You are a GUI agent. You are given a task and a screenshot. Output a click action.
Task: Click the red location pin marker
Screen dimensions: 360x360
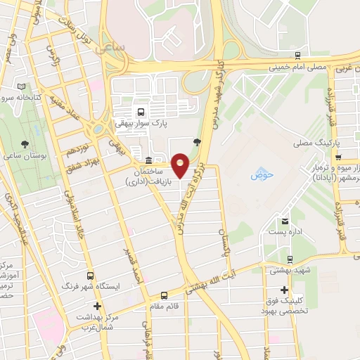pyautogui.click(x=181, y=165)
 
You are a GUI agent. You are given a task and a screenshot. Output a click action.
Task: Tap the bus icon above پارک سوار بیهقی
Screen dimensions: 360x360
pyautogui.click(x=141, y=111)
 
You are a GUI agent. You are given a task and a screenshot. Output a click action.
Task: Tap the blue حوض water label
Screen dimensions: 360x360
pyautogui.click(x=260, y=174)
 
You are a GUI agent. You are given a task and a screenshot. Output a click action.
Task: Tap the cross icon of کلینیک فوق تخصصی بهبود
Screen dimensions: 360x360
pyautogui.click(x=284, y=290)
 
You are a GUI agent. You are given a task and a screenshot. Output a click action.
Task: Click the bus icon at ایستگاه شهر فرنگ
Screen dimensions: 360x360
pyautogui.click(x=90, y=276)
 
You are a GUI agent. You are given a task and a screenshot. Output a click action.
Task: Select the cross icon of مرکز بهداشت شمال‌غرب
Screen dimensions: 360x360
pyautogui.click(x=98, y=306)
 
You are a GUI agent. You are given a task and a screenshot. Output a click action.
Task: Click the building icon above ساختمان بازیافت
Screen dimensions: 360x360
pyautogui.click(x=148, y=160)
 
